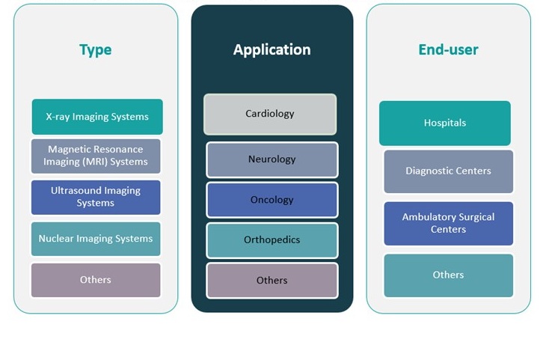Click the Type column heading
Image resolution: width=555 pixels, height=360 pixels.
coord(95,50)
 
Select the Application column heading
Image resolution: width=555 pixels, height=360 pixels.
coord(272,50)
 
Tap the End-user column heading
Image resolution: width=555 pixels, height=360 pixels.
coord(448,50)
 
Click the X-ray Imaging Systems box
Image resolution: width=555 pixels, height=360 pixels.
coord(97,117)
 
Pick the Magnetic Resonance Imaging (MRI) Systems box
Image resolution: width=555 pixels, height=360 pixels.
coord(96,156)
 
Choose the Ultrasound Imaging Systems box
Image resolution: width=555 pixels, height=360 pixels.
coord(96,197)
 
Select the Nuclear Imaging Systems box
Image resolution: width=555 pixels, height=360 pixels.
coord(96,239)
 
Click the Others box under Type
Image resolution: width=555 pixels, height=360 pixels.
coord(96,280)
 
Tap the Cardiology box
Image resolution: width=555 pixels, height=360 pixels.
coord(270,114)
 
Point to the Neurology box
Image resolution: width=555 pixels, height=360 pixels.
coord(272,159)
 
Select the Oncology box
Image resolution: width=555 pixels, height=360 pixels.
coord(272,200)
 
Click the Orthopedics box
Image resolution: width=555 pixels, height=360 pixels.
coord(272,240)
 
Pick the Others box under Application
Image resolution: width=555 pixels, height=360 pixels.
coord(272,281)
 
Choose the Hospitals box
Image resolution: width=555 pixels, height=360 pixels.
coord(445,123)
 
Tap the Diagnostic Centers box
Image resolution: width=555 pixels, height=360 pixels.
coord(449,171)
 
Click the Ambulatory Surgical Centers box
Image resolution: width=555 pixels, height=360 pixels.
coord(449,223)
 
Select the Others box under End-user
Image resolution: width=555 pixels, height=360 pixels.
coord(449,275)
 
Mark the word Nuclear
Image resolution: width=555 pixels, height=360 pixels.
coord(56,239)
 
